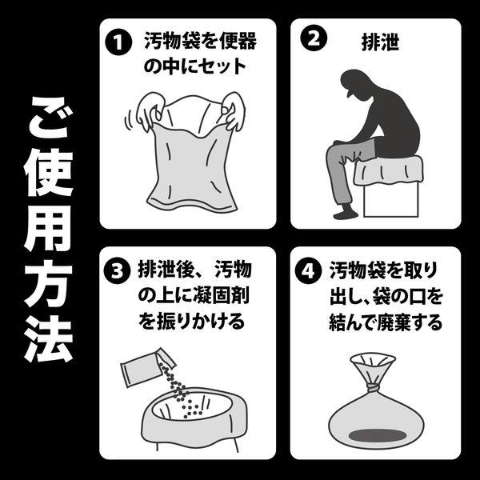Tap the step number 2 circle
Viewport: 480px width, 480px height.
pyautogui.click(x=314, y=38)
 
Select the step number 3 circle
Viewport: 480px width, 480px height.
pyautogui.click(x=118, y=270)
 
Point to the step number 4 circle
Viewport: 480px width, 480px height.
pyautogui.click(x=308, y=271)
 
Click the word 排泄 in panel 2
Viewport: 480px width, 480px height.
pyautogui.click(x=381, y=42)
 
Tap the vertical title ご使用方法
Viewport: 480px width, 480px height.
pyautogui.click(x=49, y=229)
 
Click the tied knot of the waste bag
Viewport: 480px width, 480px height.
pyautogui.click(x=372, y=389)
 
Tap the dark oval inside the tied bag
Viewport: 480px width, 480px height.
pyautogui.click(x=378, y=435)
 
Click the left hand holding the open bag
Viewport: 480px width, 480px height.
pyautogui.click(x=150, y=111)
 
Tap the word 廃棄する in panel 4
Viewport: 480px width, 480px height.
pyautogui.click(x=410, y=323)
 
